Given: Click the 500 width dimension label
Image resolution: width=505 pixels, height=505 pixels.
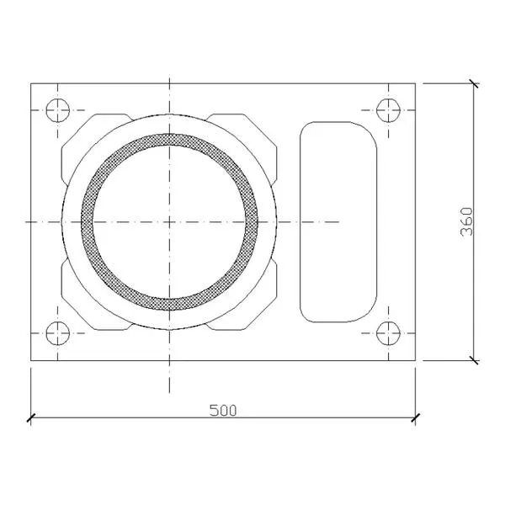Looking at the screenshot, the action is tap(223, 410).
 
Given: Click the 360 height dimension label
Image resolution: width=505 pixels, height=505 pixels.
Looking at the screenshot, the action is tap(466, 221).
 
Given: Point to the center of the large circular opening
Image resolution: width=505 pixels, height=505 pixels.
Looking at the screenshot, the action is tap(169, 222).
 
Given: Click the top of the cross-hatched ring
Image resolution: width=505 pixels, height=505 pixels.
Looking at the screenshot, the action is tap(169, 140).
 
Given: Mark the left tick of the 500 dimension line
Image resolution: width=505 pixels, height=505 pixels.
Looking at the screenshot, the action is tap(31, 418).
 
